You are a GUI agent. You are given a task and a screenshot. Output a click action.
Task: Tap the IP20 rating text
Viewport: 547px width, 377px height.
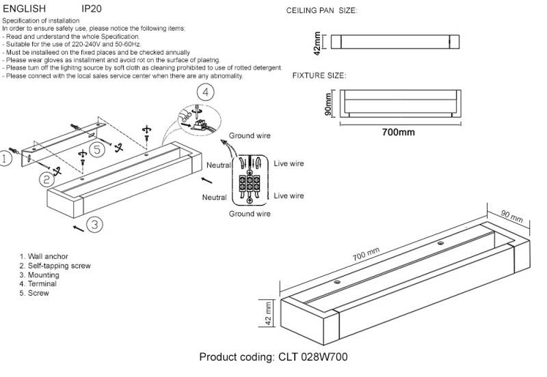[92, 10]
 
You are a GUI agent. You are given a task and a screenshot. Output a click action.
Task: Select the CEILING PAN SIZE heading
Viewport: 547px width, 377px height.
[321, 12]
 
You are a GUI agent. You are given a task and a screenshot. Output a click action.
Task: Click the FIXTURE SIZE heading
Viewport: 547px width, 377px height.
[319, 75]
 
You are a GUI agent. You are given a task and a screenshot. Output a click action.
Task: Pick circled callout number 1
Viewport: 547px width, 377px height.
[5, 160]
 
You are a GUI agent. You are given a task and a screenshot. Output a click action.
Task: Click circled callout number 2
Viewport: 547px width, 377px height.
[46, 179]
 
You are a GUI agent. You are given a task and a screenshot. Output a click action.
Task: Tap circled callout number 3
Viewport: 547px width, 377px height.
[95, 223]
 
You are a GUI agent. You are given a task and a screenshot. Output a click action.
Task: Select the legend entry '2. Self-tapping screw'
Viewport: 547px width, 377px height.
[55, 266]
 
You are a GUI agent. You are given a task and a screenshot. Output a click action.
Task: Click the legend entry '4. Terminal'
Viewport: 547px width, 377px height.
[38, 283]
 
